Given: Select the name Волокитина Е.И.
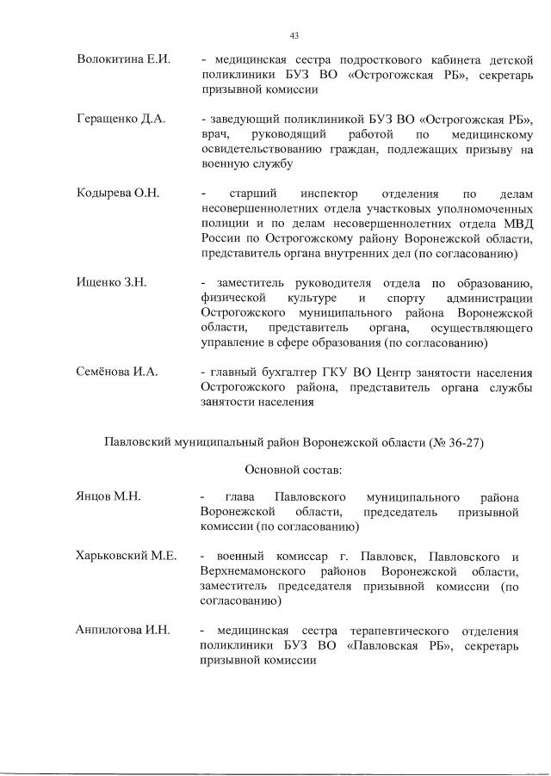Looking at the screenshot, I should tap(123, 59).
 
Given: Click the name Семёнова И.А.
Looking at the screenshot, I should tap(118, 373).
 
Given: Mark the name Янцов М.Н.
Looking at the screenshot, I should tap(108, 496).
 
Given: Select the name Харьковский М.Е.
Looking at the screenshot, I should tap(127, 556).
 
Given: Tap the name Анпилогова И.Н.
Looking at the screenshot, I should tap(124, 631).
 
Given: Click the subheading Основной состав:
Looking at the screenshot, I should tap(294, 470).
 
